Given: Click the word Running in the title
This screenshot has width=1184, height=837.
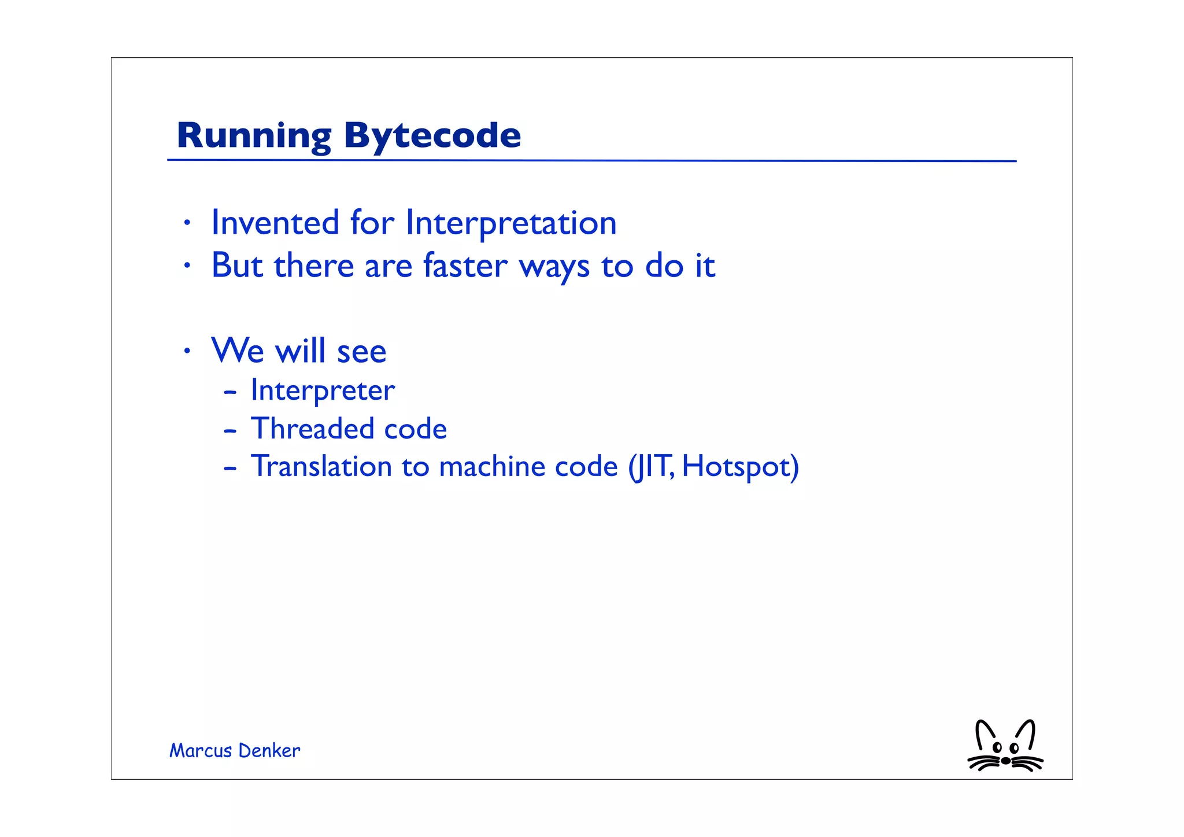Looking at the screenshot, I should [253, 136].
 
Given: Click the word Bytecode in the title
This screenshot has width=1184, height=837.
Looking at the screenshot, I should [432, 136].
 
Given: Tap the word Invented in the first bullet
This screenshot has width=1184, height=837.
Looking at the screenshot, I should [275, 223].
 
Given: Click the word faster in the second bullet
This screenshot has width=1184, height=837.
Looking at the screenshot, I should [465, 266].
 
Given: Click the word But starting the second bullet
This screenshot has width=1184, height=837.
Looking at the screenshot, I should [237, 266].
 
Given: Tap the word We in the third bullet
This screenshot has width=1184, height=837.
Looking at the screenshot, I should [238, 351].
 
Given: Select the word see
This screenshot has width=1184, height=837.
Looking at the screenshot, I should [361, 352].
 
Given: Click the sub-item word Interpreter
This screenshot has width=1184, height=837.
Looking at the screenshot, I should [322, 390].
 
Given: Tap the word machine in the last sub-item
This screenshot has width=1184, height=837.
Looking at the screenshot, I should [491, 466].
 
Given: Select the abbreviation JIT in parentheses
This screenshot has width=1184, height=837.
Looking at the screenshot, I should [652, 466].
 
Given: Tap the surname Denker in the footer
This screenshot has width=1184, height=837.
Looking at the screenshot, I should [269, 751].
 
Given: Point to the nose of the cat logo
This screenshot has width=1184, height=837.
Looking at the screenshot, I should [1006, 761].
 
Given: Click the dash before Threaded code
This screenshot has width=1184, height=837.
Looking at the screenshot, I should [230, 431].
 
